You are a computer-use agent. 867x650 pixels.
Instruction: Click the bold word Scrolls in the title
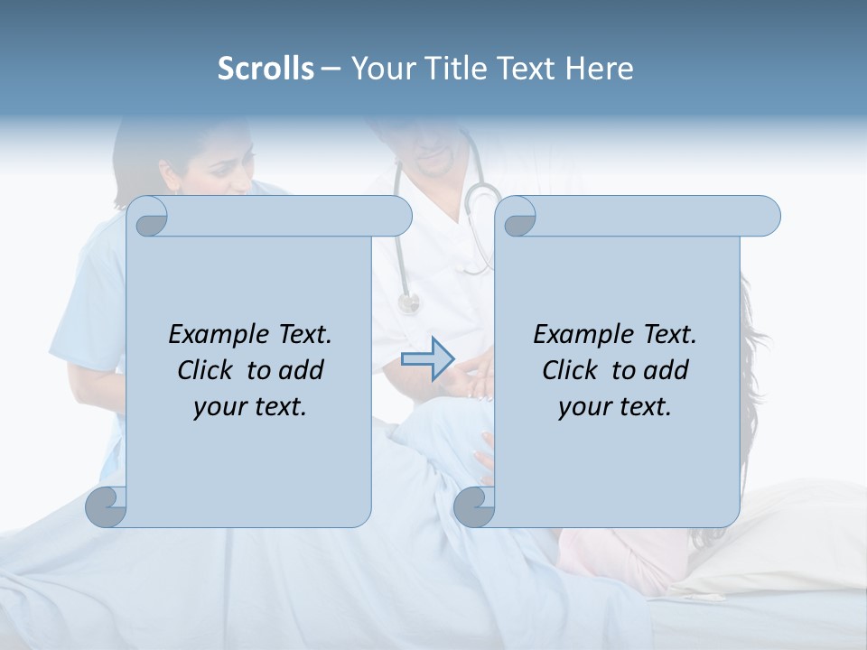tap(266, 69)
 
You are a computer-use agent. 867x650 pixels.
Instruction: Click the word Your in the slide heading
tap(381, 69)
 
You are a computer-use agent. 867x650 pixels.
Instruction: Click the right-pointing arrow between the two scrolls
tap(427, 359)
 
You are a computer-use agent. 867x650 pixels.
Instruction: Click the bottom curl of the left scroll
tap(106, 506)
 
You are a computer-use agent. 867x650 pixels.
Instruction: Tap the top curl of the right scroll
tap(519, 218)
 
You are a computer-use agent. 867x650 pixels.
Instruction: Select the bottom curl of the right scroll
tap(474, 506)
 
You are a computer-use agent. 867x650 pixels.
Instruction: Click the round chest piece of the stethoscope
tap(408, 302)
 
